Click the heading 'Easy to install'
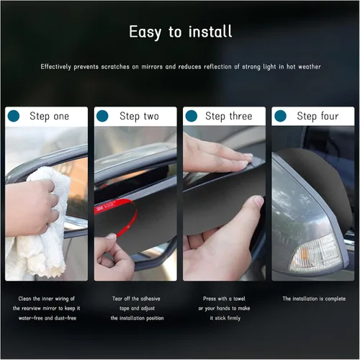point(181,32)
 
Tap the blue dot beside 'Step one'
point(14,116)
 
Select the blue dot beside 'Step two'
point(102,116)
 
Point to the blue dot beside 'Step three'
point(192,116)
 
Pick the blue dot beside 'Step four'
point(280,116)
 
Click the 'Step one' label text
point(49,117)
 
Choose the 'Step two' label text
point(139,117)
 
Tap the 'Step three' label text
point(229,117)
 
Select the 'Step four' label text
point(318,117)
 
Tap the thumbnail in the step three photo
point(258,201)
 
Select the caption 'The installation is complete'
point(314,299)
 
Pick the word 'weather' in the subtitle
point(310,66)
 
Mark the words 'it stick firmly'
point(225,318)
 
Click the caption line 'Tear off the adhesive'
point(136,299)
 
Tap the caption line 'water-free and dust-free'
point(48,318)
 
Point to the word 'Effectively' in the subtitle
point(55,67)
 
